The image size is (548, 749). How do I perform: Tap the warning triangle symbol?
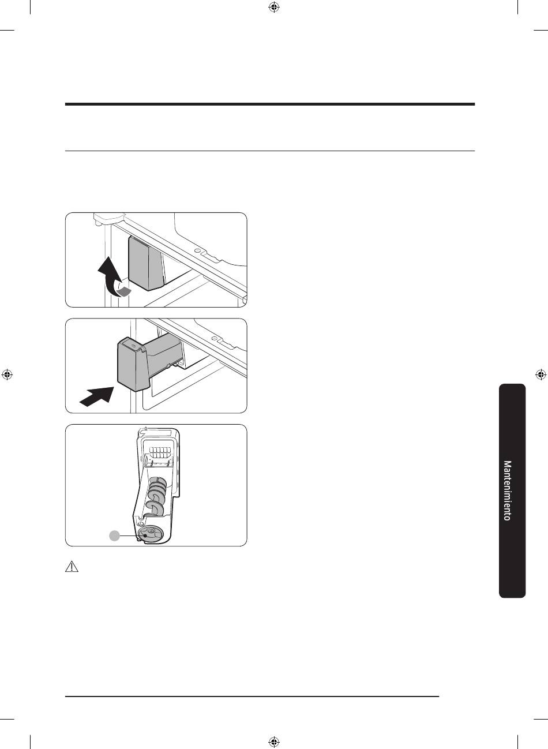(x=72, y=567)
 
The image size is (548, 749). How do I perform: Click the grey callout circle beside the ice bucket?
(x=115, y=535)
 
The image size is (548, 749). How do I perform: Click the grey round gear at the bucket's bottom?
(x=149, y=534)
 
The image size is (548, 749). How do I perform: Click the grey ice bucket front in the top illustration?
(x=146, y=263)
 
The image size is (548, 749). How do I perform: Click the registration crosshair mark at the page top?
(x=274, y=7)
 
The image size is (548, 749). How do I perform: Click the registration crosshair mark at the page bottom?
(x=274, y=742)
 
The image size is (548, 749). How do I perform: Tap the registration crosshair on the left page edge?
(x=7, y=374)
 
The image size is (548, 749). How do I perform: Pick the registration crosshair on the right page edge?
(x=541, y=374)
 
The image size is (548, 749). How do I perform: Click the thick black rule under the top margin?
(x=270, y=104)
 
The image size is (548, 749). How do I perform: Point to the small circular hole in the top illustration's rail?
(x=198, y=250)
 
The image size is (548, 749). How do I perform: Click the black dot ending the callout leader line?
(x=145, y=535)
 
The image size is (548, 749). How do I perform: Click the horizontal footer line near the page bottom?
(x=252, y=696)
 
